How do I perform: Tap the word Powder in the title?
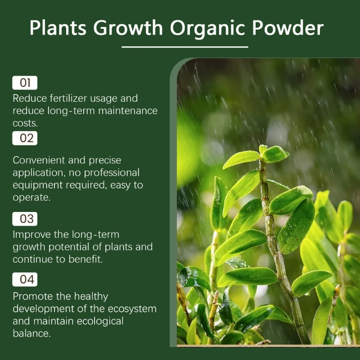click(288, 27)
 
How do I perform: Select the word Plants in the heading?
click(58, 27)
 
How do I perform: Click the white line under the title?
click(185, 47)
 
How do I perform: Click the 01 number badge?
click(25, 83)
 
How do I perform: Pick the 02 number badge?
click(25, 138)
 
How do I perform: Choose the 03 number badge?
click(25, 219)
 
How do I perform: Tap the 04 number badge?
click(25, 279)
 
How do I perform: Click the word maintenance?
click(128, 111)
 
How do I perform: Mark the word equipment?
click(38, 185)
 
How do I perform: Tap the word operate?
click(31, 198)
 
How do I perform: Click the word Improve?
click(32, 235)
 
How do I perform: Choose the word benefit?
click(85, 259)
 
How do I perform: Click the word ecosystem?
click(132, 309)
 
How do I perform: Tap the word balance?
click(31, 333)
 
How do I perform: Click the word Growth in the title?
click(128, 27)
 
